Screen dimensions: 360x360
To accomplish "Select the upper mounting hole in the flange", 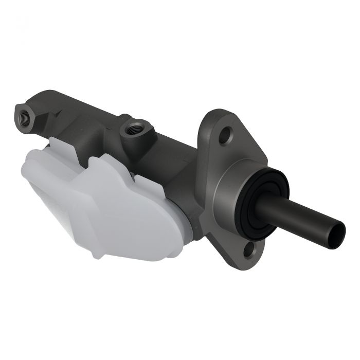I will (225, 137).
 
